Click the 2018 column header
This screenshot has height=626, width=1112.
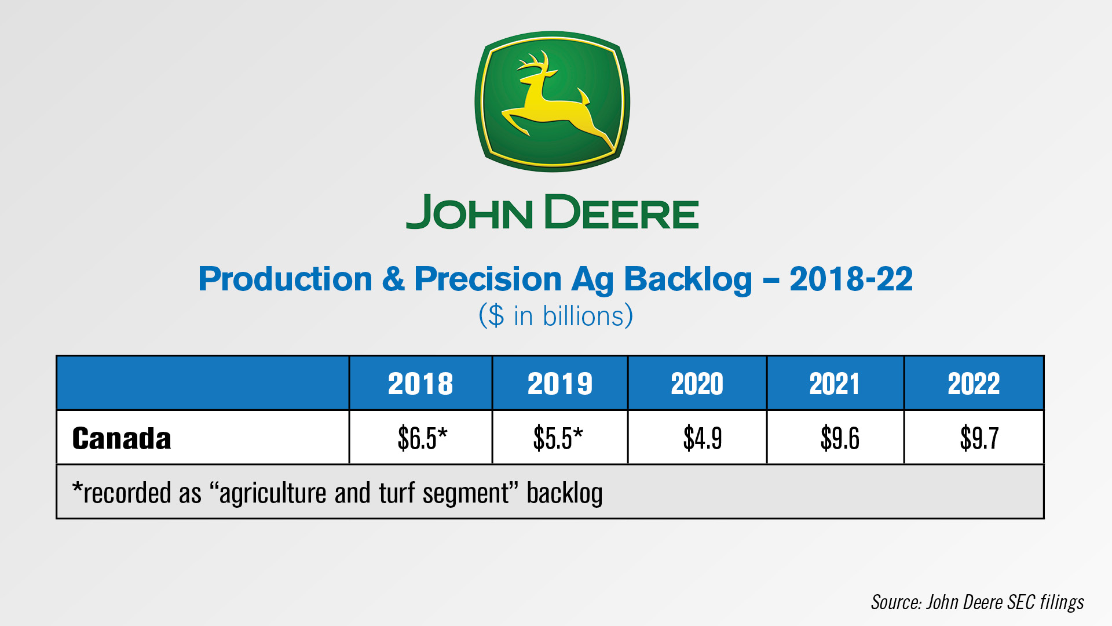420,384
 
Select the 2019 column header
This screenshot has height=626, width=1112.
560,384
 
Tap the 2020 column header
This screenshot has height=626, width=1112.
697,384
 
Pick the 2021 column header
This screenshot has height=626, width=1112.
835,384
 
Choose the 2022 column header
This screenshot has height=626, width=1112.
974,384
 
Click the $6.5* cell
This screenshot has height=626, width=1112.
422,438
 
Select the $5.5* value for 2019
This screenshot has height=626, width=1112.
558,438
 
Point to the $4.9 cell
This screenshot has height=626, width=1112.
703,438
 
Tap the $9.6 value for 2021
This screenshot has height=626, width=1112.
840,438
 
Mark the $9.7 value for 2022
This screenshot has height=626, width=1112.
979,438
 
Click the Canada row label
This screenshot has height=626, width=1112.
122,438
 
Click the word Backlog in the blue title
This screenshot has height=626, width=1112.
687,280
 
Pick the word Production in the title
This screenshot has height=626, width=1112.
285,279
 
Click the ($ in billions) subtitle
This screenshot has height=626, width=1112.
556,316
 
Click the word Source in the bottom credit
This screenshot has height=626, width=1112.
896,602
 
